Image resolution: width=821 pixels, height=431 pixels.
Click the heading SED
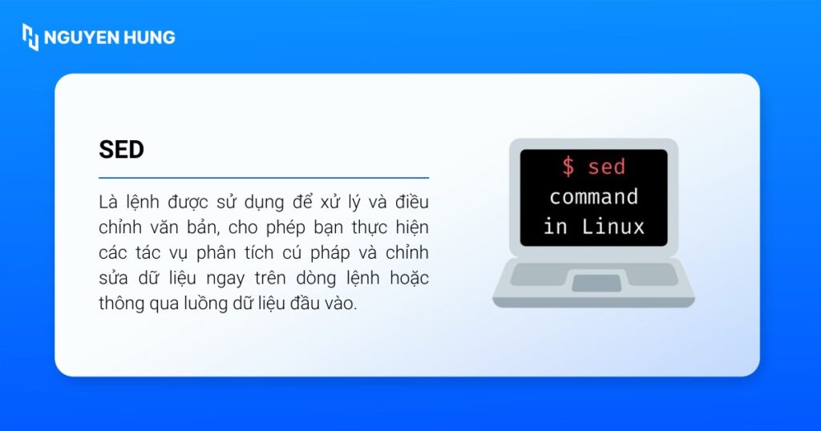(121, 150)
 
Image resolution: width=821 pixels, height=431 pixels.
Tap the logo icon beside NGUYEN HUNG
(30, 37)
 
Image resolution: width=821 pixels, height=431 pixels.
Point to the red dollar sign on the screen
(568, 167)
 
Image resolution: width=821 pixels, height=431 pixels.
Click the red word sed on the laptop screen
(606, 167)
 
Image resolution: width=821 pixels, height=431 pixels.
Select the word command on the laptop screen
(593, 196)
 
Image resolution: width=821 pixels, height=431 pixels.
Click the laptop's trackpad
(596, 282)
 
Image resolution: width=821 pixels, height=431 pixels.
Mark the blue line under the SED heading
(264, 177)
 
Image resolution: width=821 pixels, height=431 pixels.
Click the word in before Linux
(555, 226)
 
